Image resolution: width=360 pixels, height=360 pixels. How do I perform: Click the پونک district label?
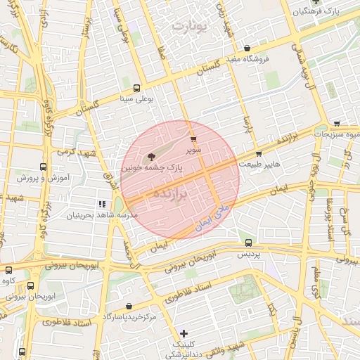(x=190, y=27)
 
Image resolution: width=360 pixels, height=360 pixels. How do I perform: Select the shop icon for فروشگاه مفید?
(x=247, y=48)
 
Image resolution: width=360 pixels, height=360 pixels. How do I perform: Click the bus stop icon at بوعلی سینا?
(x=136, y=89)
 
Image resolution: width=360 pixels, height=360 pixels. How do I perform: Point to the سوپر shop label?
(x=193, y=150)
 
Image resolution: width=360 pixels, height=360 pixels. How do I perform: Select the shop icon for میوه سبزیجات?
(x=337, y=123)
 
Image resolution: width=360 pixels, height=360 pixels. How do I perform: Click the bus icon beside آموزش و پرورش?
(x=44, y=167)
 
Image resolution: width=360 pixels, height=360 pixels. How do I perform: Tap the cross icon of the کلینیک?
(x=184, y=333)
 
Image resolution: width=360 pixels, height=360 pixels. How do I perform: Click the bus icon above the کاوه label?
(x=30, y=285)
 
